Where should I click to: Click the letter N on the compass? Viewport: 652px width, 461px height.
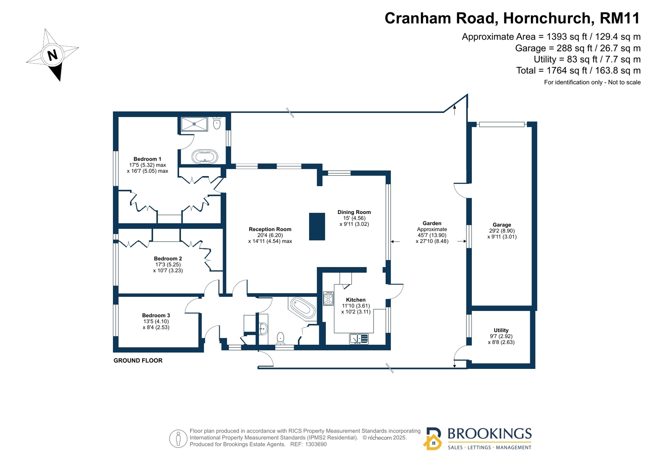[x=52, y=55]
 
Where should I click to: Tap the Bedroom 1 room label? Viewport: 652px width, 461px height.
[x=147, y=159]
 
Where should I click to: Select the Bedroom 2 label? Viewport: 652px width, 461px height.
[x=168, y=258]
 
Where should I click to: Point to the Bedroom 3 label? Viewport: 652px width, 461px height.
[x=156, y=315]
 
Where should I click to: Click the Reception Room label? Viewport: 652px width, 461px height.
[x=270, y=229]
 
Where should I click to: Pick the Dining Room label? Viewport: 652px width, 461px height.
[x=354, y=212]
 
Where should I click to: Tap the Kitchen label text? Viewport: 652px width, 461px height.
[x=356, y=300]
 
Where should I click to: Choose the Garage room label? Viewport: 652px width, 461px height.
[x=502, y=225]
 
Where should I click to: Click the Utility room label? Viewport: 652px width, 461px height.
[x=501, y=330]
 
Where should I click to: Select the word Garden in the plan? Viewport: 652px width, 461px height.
[x=432, y=223]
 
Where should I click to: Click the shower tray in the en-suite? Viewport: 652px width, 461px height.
[x=194, y=124]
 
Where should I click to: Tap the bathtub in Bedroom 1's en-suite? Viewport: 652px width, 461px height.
[x=205, y=157]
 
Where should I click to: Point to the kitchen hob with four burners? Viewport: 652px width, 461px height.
[x=328, y=298]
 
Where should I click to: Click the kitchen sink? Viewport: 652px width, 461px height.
[x=359, y=339]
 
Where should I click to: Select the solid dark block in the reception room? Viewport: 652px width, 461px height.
[x=317, y=227]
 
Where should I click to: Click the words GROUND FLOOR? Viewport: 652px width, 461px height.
[x=138, y=360]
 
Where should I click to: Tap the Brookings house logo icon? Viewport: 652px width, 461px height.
[x=433, y=439]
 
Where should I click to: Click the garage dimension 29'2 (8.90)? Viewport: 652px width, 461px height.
[x=502, y=231]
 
